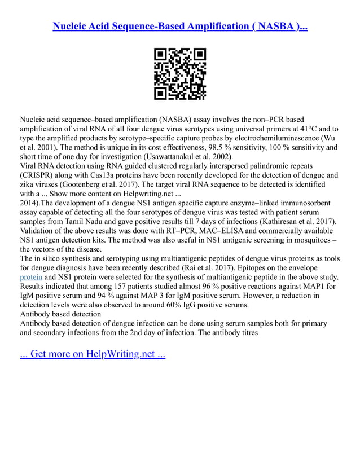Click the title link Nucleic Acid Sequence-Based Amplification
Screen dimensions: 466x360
click(180, 27)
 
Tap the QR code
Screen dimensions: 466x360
click(180, 74)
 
